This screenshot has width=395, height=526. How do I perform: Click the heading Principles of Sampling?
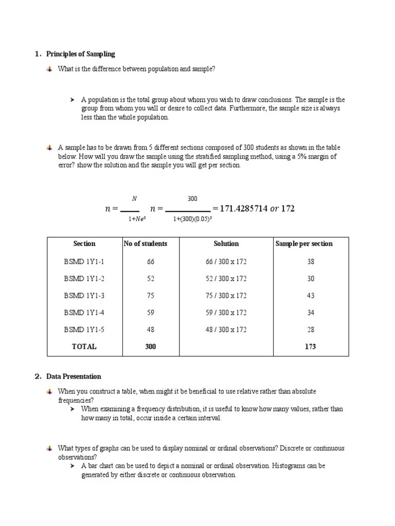(81, 54)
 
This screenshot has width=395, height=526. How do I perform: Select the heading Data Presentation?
(74, 377)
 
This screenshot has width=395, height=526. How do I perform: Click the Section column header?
(84, 243)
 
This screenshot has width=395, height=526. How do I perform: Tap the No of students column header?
(146, 243)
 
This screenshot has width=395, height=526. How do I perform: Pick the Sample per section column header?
(304, 243)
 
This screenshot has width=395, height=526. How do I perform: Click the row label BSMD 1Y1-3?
(84, 295)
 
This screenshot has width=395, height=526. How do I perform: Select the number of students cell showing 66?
(150, 261)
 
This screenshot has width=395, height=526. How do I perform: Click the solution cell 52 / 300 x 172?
(226, 278)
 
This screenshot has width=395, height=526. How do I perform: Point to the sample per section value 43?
(310, 295)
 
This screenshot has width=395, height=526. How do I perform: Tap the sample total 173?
(310, 347)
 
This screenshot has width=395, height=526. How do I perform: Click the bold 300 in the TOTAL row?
(150, 347)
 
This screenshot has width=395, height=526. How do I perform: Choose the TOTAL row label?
(84, 347)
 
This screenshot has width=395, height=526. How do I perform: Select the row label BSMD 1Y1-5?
(84, 330)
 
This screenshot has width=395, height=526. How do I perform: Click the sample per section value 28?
(310, 330)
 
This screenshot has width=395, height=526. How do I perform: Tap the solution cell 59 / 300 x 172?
(226, 312)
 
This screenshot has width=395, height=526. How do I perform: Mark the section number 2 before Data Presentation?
(38, 377)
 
